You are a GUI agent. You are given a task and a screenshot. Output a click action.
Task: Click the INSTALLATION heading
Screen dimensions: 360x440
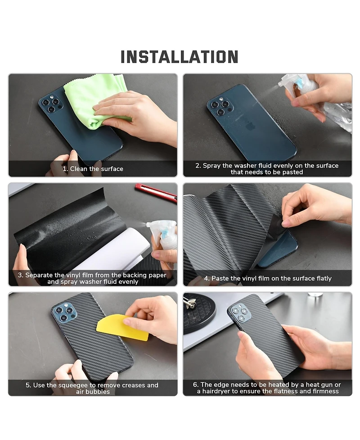pyautogui.click(x=180, y=57)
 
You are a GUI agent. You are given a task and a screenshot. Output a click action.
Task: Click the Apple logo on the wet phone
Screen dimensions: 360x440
pyautogui.click(x=250, y=127)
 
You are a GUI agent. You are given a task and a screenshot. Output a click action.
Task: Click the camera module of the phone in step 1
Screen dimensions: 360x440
pyautogui.click(x=51, y=104)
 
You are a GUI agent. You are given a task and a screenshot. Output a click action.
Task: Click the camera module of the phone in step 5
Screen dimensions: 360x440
pyautogui.click(x=64, y=312)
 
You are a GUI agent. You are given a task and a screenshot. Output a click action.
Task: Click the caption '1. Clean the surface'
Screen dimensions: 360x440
pyautogui.click(x=93, y=168)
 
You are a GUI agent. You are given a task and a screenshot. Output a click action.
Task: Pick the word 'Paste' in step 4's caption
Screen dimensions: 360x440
pyautogui.click(x=220, y=278)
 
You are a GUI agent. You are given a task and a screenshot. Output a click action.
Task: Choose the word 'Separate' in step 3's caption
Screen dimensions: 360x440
pyautogui.click(x=39, y=275)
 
